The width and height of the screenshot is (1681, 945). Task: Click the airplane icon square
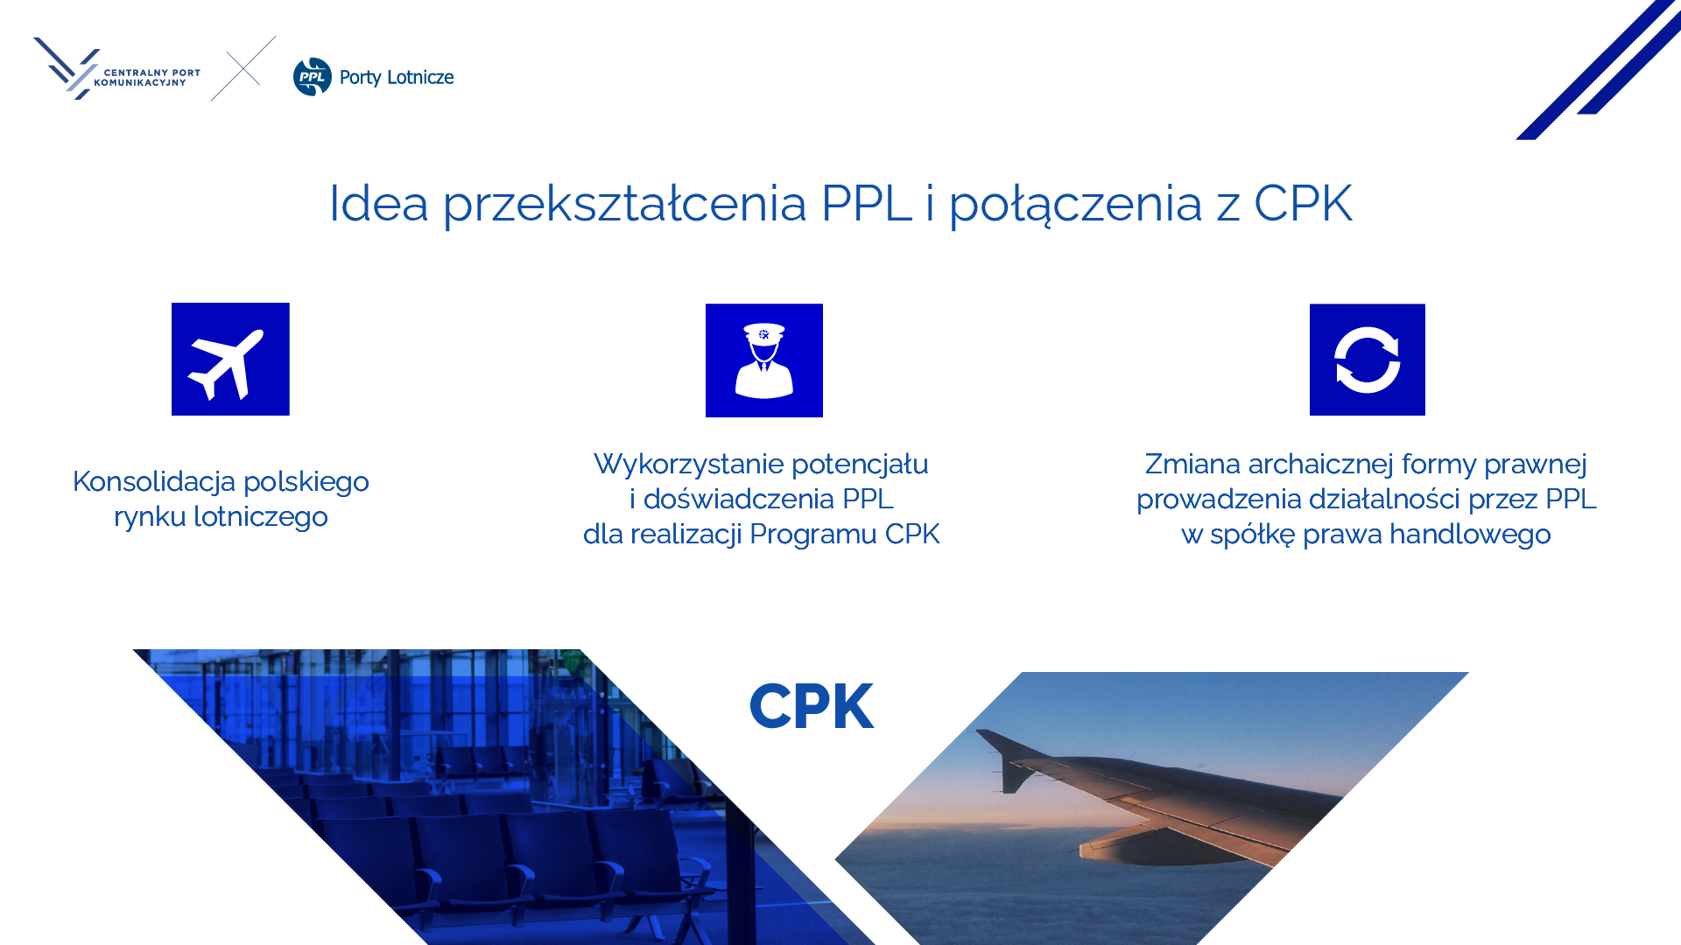[230, 359]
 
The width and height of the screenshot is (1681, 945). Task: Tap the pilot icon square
[764, 360]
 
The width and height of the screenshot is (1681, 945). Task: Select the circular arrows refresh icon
[1368, 360]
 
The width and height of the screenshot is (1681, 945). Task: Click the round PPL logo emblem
[313, 77]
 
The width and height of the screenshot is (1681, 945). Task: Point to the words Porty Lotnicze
[397, 78]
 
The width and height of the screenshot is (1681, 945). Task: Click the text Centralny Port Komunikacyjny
[147, 78]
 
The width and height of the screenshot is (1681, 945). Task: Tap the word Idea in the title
[379, 203]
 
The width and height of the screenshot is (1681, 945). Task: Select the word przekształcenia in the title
[624, 204]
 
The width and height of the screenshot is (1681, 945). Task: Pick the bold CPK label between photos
[812, 706]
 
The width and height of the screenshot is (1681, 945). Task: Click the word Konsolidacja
[154, 481]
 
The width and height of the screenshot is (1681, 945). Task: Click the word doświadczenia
[739, 499]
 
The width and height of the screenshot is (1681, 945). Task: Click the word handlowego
[1470, 534]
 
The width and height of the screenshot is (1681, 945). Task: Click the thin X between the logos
[243, 68]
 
